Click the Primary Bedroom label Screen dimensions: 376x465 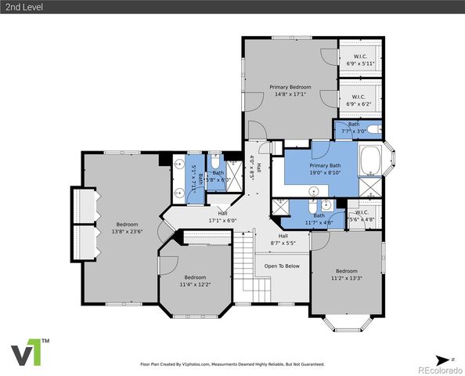pyautogui.click(x=290, y=87)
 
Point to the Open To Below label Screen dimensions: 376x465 pyautogui.click(x=282, y=266)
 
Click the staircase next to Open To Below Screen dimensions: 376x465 pyautogui.click(x=247, y=270)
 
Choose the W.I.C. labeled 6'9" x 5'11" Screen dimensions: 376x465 pyautogui.click(x=360, y=60)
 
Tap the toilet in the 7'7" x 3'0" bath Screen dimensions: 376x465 pyautogui.click(x=373, y=129)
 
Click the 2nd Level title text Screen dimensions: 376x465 pyautogui.click(x=23, y=7)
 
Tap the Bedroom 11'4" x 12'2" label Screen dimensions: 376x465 pyautogui.click(x=195, y=281)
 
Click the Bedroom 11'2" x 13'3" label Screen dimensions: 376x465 pyautogui.click(x=346, y=275)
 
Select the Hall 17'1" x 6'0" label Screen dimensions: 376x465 pyautogui.click(x=222, y=216)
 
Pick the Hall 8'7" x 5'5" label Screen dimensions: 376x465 pyautogui.click(x=283, y=240)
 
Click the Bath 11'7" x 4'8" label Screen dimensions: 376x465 pyautogui.click(x=319, y=219)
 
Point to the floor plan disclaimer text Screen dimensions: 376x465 pyautogui.click(x=232, y=364)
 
